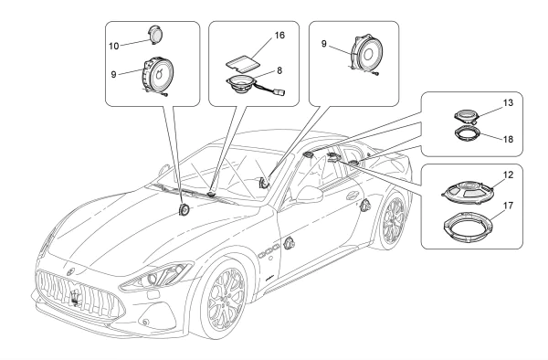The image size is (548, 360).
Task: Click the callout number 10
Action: click(114, 46)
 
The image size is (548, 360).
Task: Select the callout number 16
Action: click(279, 36)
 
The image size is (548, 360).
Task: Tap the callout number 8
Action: click(279, 70)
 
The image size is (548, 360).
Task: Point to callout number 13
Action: click(508, 102)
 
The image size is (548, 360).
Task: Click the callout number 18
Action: click(508, 139)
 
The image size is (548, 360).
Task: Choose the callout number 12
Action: click(508, 175)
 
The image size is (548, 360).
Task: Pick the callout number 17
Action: click(508, 206)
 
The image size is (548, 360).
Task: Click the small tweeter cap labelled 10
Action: click(155, 34)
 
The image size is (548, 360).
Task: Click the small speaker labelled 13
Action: click(467, 116)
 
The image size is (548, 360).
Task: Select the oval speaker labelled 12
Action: click(469, 192)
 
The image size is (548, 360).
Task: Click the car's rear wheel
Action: click(393, 221)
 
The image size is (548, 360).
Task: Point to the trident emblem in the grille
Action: click(75, 298)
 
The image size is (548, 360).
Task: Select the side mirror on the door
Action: click(310, 195)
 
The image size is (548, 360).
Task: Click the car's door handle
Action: click(353, 196)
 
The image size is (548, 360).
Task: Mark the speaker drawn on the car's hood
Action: click(184, 210)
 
